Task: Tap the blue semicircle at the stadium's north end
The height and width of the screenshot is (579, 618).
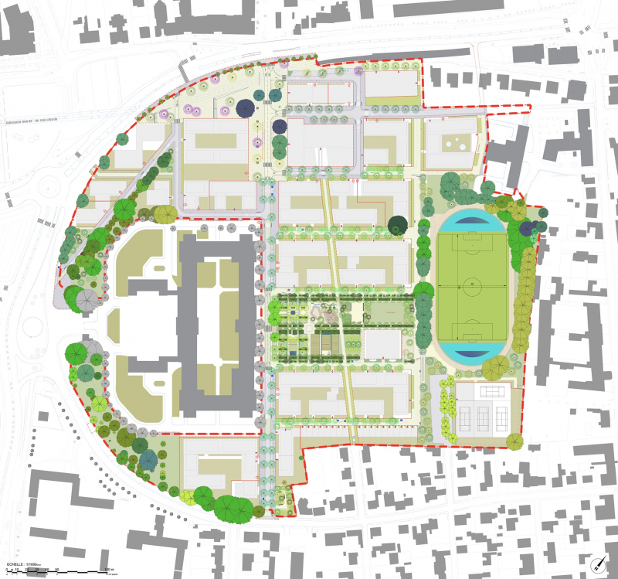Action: [473, 221]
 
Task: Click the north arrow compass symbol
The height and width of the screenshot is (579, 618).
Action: [597, 563]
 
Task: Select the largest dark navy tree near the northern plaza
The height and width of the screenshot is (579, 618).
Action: [246, 110]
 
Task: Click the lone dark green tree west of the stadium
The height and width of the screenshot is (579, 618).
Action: [399, 225]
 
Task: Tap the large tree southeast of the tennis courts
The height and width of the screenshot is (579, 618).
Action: [513, 441]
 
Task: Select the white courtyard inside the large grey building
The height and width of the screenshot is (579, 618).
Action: [217, 309]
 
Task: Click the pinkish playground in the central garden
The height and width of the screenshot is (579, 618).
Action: [329, 313]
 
